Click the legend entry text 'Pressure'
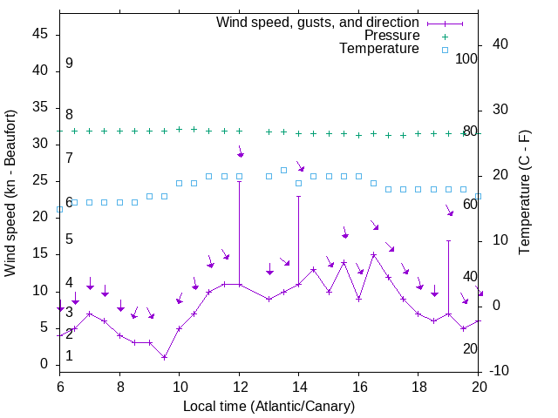[x=392, y=36]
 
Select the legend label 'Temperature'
[x=379, y=49]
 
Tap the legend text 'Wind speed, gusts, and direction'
[x=318, y=23]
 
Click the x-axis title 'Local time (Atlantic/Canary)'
[x=269, y=406]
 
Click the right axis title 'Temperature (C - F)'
[x=524, y=193]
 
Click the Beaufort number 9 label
[x=69, y=64]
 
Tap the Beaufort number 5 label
[x=69, y=239]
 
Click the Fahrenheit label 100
[x=467, y=58]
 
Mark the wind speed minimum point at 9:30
[x=164, y=357]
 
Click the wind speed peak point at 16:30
[x=373, y=255]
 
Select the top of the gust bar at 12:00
[x=239, y=181]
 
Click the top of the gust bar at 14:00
[x=298, y=196]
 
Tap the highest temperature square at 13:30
[x=283, y=170]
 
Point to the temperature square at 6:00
[x=59, y=209]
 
